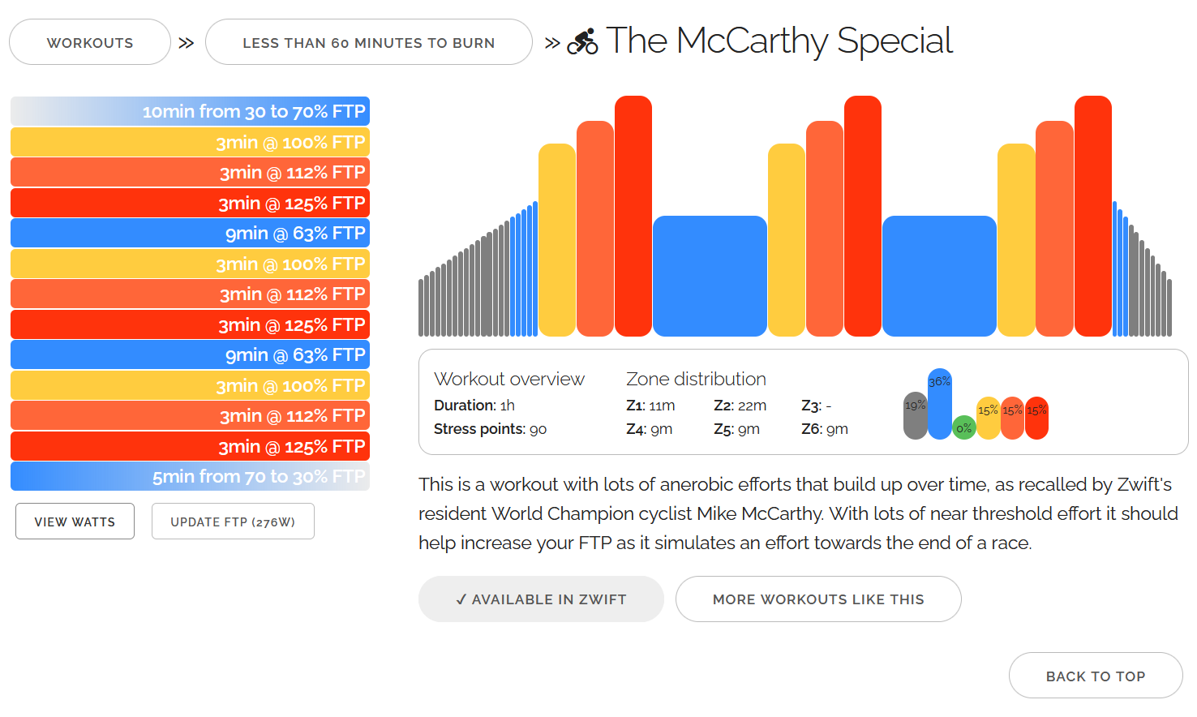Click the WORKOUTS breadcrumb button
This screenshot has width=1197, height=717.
pyautogui.click(x=90, y=42)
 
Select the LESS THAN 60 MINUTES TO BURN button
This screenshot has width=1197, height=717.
pyautogui.click(x=368, y=42)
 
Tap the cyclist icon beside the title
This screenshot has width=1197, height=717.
pyautogui.click(x=582, y=41)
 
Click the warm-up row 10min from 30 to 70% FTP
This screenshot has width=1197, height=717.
pyautogui.click(x=190, y=111)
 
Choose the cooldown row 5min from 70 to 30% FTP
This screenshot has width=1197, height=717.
pyautogui.click(x=190, y=476)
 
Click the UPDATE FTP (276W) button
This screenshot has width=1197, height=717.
pyautogui.click(x=233, y=522)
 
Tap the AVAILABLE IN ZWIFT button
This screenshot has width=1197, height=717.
pyautogui.click(x=541, y=599)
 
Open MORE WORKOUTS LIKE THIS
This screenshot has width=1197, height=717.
pyautogui.click(x=818, y=599)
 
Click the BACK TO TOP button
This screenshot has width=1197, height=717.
pyautogui.click(x=1096, y=676)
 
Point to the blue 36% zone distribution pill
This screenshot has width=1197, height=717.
pyautogui.click(x=939, y=404)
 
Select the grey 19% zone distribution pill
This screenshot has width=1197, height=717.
pyautogui.click(x=915, y=415)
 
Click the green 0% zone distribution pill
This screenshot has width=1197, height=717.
pyautogui.click(x=963, y=427)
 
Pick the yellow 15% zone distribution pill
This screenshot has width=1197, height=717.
pyautogui.click(x=988, y=418)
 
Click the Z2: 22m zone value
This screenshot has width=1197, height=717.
pyautogui.click(x=740, y=406)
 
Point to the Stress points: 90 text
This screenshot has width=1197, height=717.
pyautogui.click(x=490, y=429)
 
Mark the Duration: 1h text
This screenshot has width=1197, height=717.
pyautogui.click(x=474, y=406)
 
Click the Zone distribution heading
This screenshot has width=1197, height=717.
pyautogui.click(x=696, y=379)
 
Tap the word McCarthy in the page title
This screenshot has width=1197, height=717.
pyautogui.click(x=752, y=41)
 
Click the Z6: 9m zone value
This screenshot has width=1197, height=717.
pyautogui.click(x=825, y=429)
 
